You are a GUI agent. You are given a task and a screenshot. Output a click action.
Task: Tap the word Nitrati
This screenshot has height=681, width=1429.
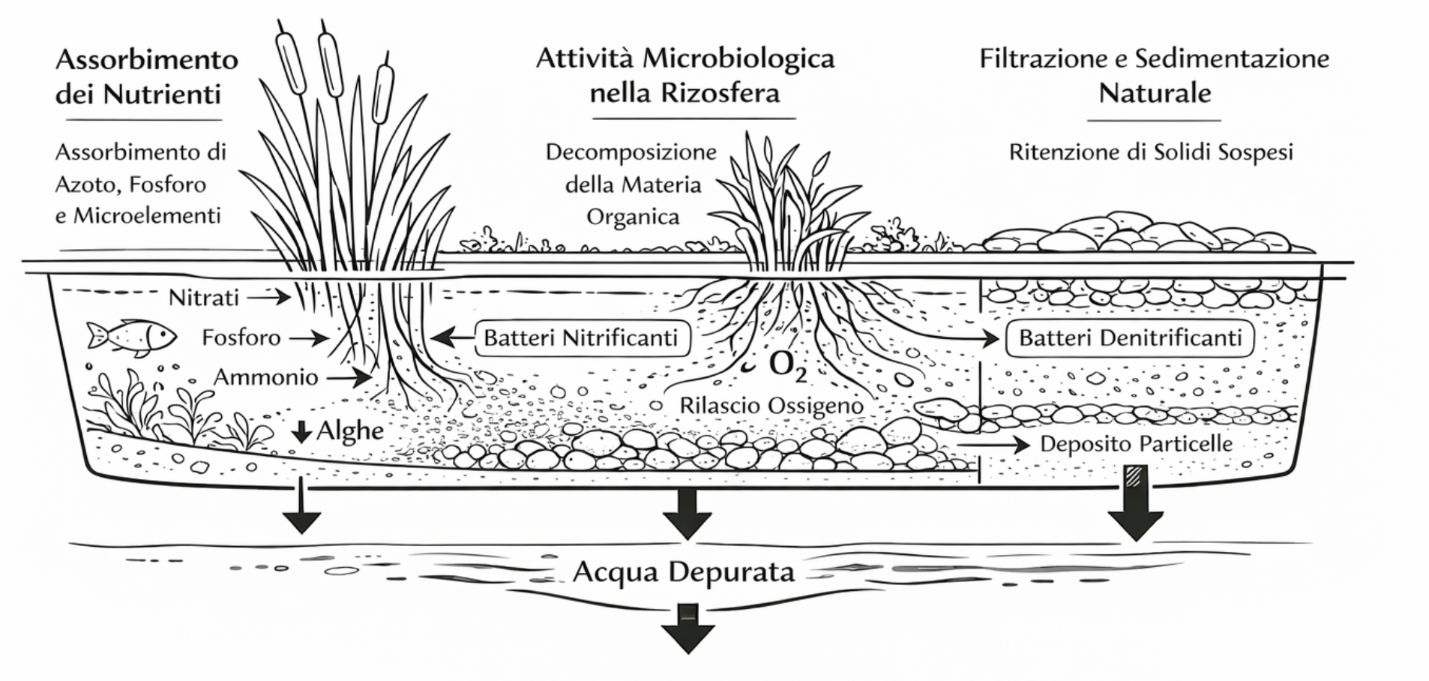203,298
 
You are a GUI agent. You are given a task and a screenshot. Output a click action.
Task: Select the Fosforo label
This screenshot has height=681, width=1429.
241,337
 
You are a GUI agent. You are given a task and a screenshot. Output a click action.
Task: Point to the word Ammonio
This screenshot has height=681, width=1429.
266,376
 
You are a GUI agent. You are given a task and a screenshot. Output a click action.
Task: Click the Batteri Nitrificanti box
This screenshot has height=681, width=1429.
580,337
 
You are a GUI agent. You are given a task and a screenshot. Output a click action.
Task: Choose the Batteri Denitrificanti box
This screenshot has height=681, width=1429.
1130,337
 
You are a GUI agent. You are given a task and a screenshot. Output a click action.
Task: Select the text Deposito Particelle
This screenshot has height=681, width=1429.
1136,444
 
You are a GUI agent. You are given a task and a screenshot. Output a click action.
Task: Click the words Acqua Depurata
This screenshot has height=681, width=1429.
683,572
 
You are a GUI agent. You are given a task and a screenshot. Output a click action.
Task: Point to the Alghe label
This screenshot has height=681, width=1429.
350,430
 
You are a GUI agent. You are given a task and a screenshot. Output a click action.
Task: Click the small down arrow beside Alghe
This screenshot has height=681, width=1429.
301,431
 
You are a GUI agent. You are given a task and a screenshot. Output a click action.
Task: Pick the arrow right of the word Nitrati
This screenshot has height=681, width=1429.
269,298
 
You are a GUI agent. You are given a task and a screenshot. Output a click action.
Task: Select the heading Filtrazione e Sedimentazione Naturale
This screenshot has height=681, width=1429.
1154,76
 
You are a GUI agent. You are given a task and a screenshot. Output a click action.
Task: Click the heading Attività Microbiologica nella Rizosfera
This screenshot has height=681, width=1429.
685,76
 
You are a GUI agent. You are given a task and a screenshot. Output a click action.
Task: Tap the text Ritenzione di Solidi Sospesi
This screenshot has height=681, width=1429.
1151,152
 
